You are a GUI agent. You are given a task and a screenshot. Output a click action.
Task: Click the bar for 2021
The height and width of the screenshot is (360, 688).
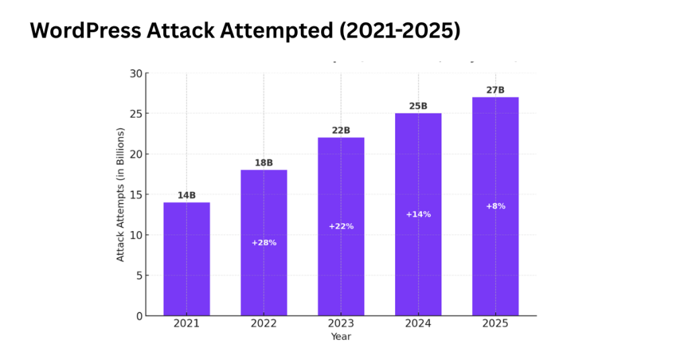pos(187,259)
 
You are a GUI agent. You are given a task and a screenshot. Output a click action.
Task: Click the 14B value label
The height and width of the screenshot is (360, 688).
pos(187,195)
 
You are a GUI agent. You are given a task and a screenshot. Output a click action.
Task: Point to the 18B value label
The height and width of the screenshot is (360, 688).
pos(263,163)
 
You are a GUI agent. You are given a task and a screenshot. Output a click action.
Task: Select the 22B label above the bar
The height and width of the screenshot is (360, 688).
pos(341,130)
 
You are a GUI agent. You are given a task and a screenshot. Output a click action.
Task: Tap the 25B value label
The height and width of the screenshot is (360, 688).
pos(418,106)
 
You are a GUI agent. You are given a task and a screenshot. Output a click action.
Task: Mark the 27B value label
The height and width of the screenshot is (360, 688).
pos(495,90)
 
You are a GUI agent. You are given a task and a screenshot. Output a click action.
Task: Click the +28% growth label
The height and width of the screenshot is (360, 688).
pos(264,242)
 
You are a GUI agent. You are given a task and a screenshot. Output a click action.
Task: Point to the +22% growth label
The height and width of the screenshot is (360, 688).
pos(341,226)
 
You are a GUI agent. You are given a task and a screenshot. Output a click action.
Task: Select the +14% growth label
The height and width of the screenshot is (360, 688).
pos(418,214)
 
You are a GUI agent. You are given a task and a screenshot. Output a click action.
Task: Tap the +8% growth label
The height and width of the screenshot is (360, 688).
pos(495,206)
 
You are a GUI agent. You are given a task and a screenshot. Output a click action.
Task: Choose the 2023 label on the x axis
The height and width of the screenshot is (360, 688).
pos(341,324)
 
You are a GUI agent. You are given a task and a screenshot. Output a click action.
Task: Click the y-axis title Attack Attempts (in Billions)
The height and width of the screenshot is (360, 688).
pos(121,194)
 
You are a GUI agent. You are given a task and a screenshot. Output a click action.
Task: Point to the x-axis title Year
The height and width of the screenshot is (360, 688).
pos(341,336)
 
